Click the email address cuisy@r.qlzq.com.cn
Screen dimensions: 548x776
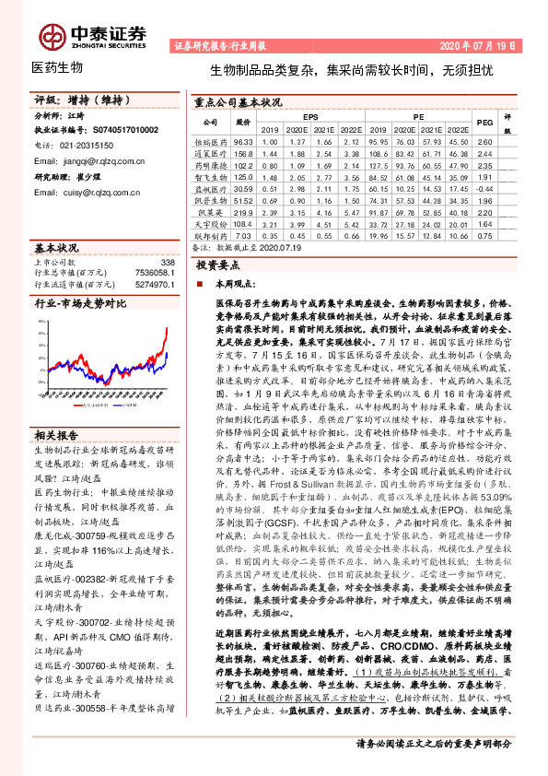coord(82,192)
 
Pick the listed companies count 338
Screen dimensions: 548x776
coord(167,263)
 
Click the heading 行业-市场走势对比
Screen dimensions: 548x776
coord(80,301)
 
